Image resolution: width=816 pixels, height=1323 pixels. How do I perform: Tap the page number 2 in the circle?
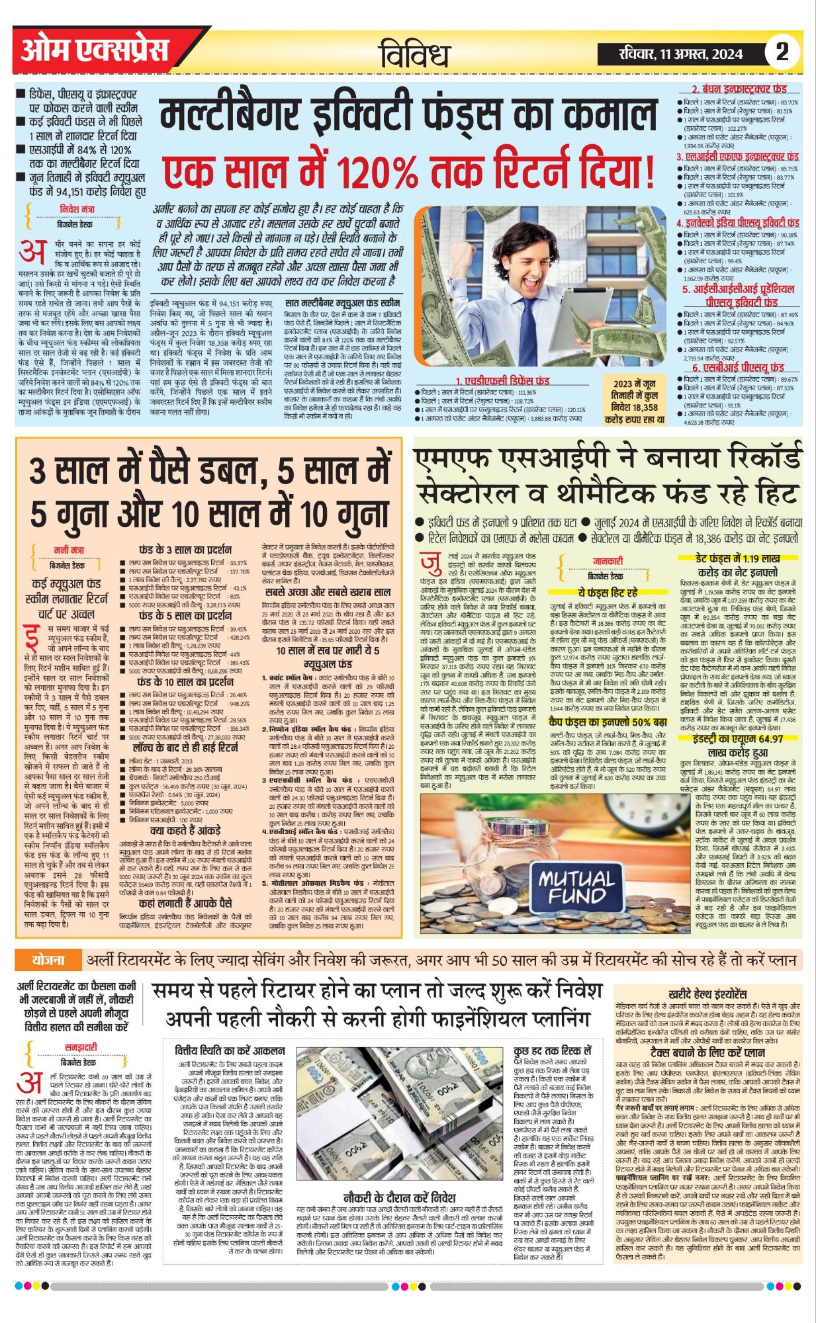pos(782,52)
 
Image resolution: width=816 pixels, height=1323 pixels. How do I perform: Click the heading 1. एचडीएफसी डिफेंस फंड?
pos(502,381)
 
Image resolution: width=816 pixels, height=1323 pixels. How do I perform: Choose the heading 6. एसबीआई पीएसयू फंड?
pos(738,367)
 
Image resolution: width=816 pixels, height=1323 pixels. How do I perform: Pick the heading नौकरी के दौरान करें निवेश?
pos(399,1198)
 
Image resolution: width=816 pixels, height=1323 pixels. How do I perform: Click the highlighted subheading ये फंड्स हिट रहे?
pos(608,592)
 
